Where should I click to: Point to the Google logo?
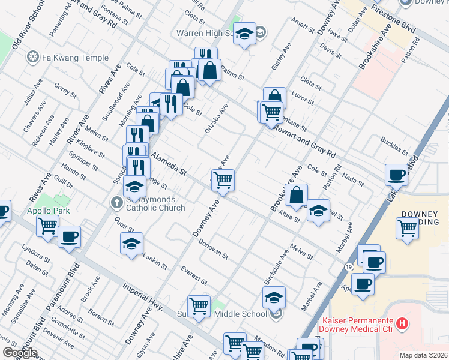[20, 353]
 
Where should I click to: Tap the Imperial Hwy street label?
[143, 298]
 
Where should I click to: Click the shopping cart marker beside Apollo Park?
[47, 227]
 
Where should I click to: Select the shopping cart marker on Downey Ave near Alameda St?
[223, 179]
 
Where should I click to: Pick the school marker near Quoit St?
[132, 243]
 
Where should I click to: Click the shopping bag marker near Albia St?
[297, 195]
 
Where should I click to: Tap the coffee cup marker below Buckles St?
[396, 175]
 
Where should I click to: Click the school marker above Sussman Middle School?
[274, 297]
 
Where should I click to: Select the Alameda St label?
[169, 164]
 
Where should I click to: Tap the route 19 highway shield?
[348, 266]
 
